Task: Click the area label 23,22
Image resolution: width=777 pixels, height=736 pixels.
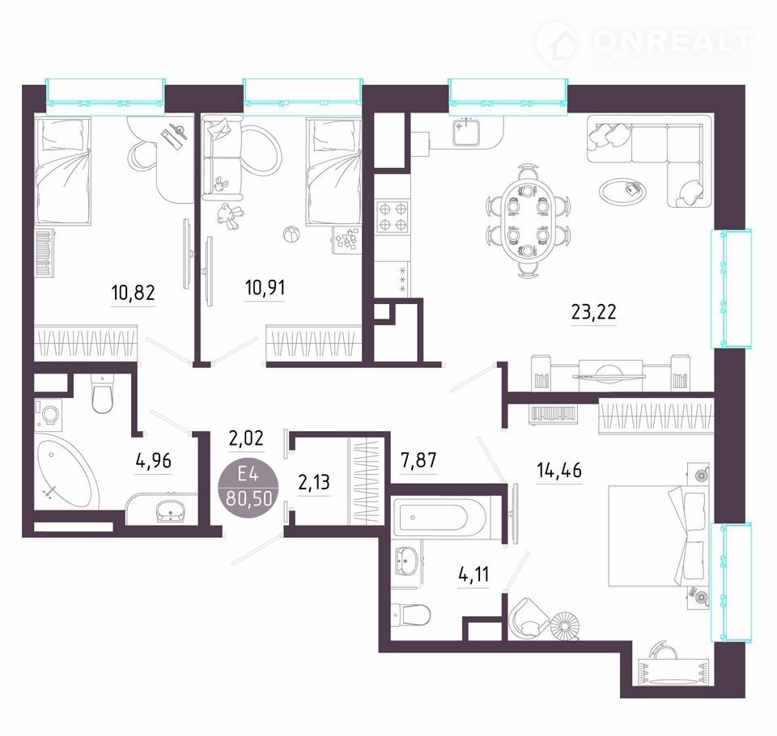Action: [593, 312]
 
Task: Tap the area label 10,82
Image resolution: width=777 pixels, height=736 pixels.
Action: [134, 293]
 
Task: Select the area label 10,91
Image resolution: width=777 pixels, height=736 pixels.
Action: [265, 288]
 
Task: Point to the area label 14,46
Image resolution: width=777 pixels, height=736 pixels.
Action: [559, 470]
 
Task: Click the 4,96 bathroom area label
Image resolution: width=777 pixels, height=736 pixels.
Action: [154, 461]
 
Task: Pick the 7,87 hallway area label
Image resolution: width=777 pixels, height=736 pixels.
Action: [418, 460]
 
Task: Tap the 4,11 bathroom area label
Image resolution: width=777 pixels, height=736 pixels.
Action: [473, 574]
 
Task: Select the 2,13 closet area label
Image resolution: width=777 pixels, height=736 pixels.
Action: [314, 482]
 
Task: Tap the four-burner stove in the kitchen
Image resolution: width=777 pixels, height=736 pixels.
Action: [393, 217]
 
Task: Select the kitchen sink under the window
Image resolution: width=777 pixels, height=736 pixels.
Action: [466, 131]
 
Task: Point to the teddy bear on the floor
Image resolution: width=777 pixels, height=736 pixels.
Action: [229, 216]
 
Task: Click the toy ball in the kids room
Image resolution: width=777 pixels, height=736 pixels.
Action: [290, 234]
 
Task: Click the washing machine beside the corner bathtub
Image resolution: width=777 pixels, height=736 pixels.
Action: [49, 415]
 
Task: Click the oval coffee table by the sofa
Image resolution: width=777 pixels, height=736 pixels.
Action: [622, 191]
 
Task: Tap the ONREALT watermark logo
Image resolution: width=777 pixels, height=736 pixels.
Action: [643, 45]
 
